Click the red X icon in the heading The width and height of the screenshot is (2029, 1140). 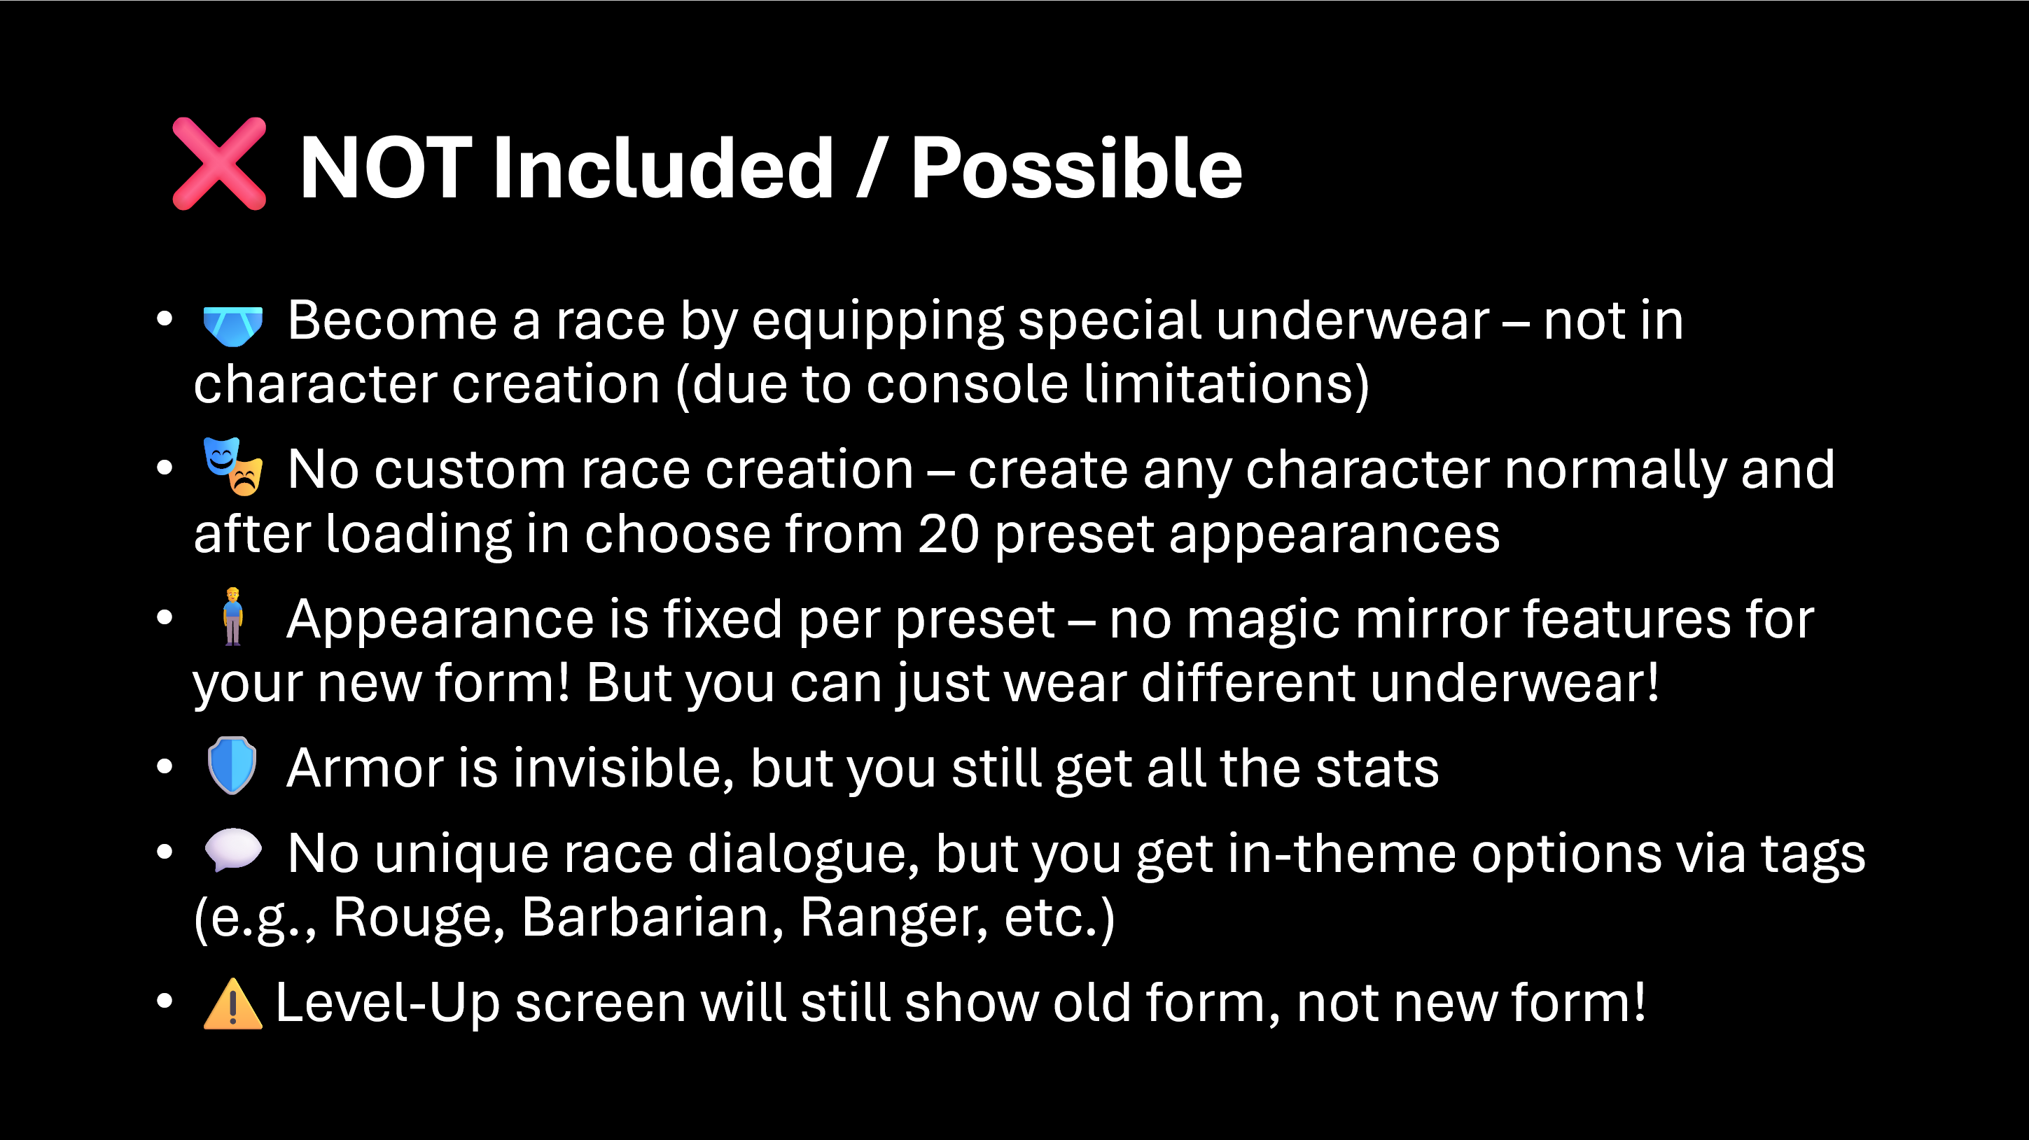tap(219, 164)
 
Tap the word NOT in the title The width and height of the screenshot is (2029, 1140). tap(386, 168)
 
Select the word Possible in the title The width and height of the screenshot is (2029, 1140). tap(1077, 168)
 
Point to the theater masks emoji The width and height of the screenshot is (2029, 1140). tap(232, 466)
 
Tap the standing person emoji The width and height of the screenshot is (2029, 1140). tap(232, 617)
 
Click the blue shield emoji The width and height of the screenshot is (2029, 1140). tap(232, 766)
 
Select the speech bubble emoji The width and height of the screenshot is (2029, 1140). tap(232, 850)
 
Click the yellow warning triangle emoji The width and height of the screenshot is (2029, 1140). tap(232, 1004)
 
